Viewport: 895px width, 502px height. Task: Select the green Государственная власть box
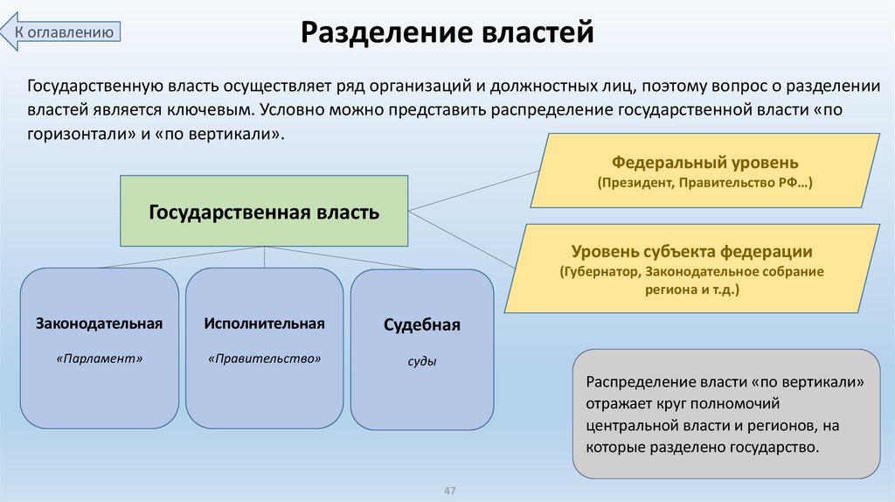click(264, 211)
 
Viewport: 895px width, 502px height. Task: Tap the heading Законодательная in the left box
click(100, 324)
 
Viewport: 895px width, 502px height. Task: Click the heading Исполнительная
click(264, 324)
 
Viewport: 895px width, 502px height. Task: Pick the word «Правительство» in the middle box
click(264, 359)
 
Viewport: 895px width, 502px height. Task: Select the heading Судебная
click(421, 325)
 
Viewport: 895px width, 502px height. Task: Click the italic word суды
click(421, 360)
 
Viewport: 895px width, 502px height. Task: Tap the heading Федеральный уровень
click(705, 163)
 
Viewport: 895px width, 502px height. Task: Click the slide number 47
click(451, 490)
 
